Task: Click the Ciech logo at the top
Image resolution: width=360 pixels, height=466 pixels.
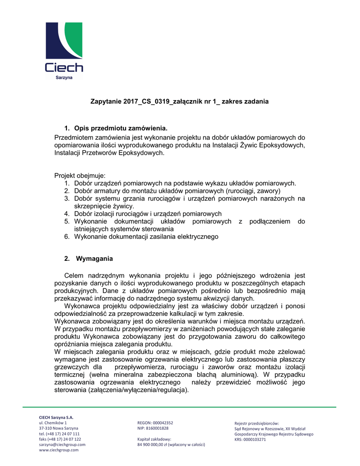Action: (64, 48)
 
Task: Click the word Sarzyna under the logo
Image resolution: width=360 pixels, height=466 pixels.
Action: (64, 78)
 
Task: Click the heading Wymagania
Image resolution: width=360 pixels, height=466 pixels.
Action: (94, 258)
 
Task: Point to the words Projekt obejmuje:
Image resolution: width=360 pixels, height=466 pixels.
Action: (80, 175)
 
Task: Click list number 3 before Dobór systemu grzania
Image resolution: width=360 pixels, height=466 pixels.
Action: (67, 198)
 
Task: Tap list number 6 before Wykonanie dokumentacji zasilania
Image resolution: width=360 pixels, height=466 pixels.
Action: (67, 237)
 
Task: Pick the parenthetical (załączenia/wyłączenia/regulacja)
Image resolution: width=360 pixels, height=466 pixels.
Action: (135, 390)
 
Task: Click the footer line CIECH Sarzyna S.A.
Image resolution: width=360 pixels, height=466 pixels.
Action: (56, 417)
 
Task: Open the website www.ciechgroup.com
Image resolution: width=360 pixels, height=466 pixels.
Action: (59, 450)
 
